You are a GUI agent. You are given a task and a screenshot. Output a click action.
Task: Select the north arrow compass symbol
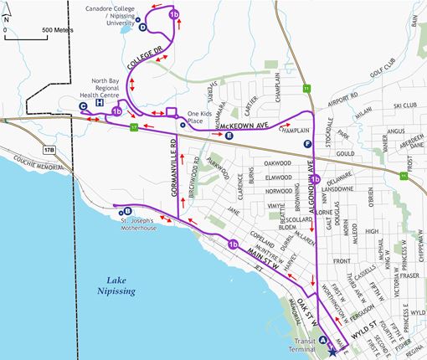tap(7, 18)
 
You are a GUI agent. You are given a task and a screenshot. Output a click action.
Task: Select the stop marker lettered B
tap(127, 210)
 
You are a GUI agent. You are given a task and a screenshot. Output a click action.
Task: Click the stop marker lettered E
tap(229, 134)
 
